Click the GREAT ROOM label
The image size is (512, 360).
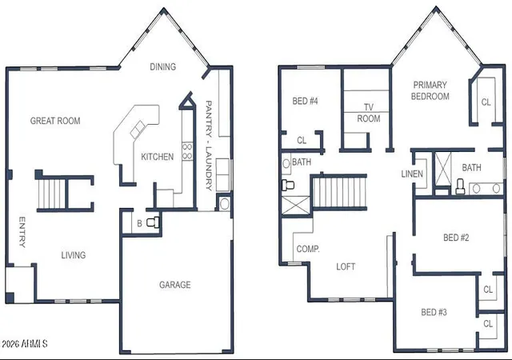[x=55, y=121]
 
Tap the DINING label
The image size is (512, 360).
[x=163, y=66]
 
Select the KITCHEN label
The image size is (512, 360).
[x=158, y=157]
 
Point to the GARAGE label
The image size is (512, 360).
[x=175, y=285]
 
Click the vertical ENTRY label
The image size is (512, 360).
[x=22, y=232]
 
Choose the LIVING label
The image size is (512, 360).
[x=74, y=255]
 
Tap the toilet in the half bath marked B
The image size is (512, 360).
[x=153, y=222]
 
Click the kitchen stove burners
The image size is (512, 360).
[x=187, y=151]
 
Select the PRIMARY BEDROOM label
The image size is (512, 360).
[x=430, y=90]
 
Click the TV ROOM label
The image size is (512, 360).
[x=369, y=113]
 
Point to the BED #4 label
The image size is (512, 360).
[x=305, y=101]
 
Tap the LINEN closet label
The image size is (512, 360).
[x=412, y=174]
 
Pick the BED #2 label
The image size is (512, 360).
[x=456, y=238]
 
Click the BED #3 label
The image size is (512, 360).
[x=434, y=312]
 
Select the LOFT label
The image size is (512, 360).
[x=346, y=266]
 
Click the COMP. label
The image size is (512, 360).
[x=308, y=249]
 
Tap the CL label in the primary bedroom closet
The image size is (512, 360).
[x=486, y=102]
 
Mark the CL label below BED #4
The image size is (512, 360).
[x=302, y=141]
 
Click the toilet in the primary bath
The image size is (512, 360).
[x=460, y=186]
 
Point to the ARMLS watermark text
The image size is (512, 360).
[x=25, y=344]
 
